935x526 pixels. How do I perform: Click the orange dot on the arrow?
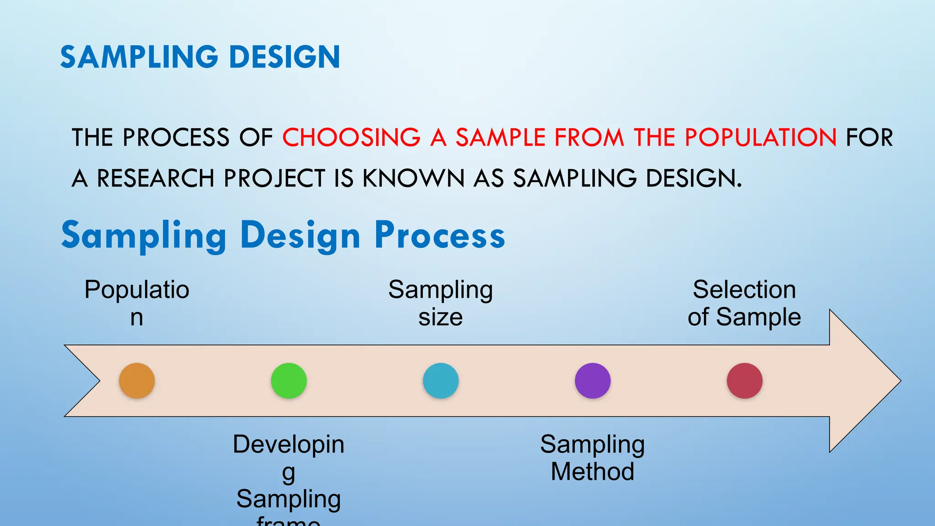click(x=137, y=381)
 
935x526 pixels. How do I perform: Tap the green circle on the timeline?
click(x=289, y=381)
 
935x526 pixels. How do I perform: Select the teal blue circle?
click(x=441, y=381)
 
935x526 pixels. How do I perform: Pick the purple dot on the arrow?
click(x=593, y=381)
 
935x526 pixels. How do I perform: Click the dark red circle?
click(x=745, y=381)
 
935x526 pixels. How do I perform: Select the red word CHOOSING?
click(x=351, y=137)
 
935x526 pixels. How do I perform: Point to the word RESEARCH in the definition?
click(x=156, y=178)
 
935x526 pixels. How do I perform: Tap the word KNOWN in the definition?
click(x=413, y=178)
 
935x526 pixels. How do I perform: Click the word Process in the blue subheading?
click(x=440, y=236)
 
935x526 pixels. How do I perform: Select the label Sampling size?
click(x=441, y=303)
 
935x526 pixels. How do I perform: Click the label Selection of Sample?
click(x=744, y=303)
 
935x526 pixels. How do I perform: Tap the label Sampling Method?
click(x=593, y=458)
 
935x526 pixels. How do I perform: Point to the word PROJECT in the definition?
click(x=274, y=178)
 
